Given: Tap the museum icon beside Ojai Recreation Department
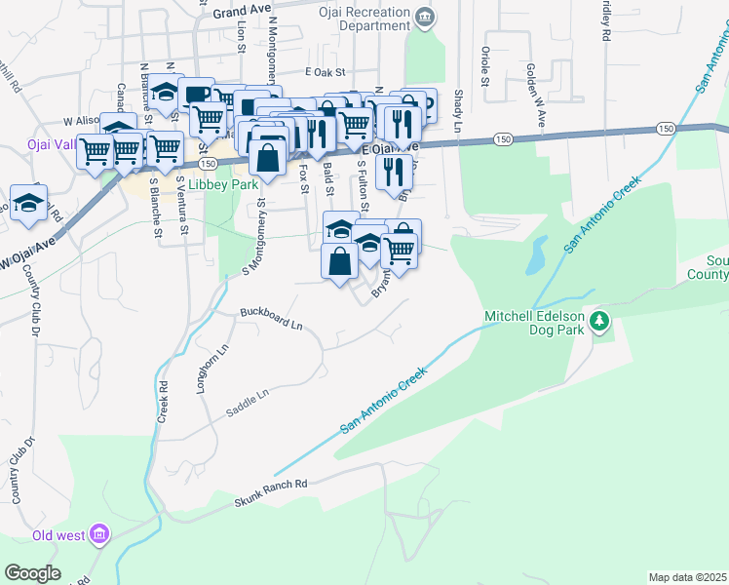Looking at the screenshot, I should [424, 17].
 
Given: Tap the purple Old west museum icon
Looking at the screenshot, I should [97, 534].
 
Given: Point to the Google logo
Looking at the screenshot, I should [32, 572].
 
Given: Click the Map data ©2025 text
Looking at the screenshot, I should [688, 577].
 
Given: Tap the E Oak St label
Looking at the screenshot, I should [326, 72].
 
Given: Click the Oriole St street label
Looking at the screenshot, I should [483, 66].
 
